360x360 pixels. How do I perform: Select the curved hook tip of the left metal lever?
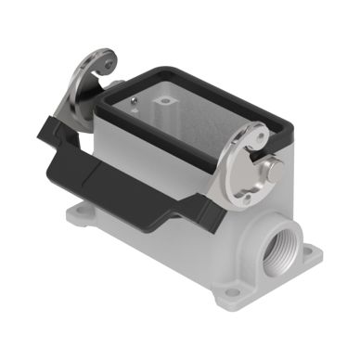click(x=109, y=62)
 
